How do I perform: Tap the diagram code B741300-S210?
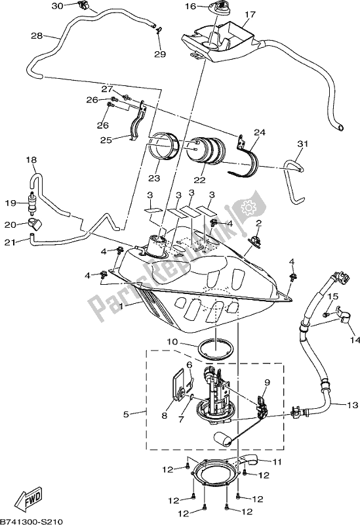[x=31, y=521]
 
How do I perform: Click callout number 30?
[x=58, y=6]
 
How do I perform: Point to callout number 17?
[x=250, y=14]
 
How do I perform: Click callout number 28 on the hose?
[x=37, y=35]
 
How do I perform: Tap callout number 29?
[x=160, y=54]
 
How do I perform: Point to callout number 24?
[x=260, y=133]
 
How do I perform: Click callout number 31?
[x=302, y=144]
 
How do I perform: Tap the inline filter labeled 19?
[x=32, y=203]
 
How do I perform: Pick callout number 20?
[x=10, y=224]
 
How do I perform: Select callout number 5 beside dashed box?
[x=126, y=414]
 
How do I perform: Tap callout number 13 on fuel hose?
[x=353, y=405]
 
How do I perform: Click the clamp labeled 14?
[x=343, y=314]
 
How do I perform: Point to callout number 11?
[x=277, y=462]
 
